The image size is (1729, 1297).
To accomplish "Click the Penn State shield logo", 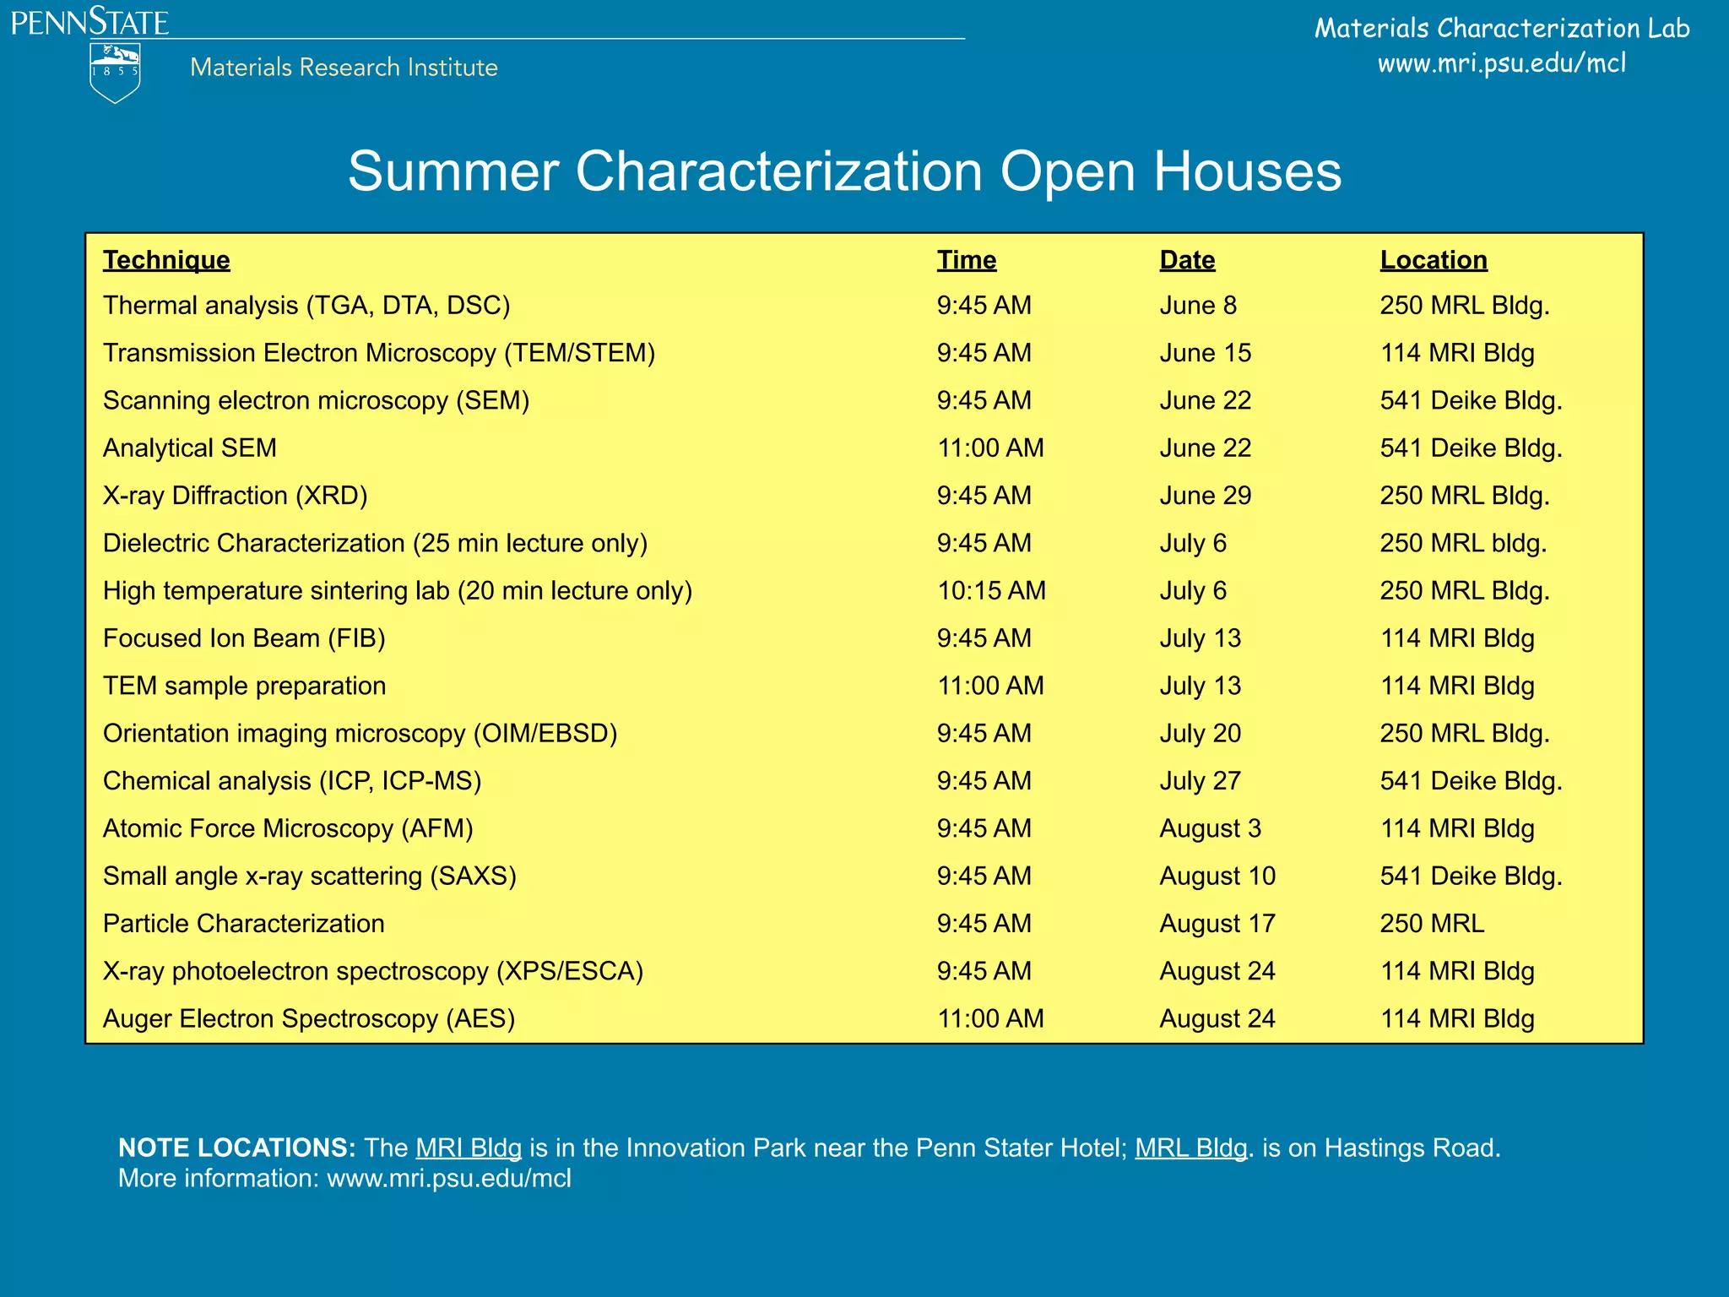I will pyautogui.click(x=115, y=73).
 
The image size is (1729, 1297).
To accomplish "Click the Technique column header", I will pyautogui.click(x=166, y=260).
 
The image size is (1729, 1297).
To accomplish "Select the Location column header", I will pyautogui.click(x=1434, y=260).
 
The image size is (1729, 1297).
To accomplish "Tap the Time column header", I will pyautogui.click(x=967, y=260).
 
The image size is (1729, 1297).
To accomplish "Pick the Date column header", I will pyautogui.click(x=1187, y=260).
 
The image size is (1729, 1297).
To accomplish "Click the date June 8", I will pyautogui.click(x=1198, y=306).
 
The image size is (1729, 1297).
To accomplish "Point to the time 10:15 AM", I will pyautogui.click(x=991, y=591).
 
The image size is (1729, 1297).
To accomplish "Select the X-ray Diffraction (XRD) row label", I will pyautogui.click(x=235, y=496).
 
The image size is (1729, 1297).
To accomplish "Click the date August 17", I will pyautogui.click(x=1217, y=924).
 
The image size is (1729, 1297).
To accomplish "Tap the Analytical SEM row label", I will pyautogui.click(x=190, y=448).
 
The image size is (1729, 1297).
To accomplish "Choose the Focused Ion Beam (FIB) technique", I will pyautogui.click(x=244, y=638).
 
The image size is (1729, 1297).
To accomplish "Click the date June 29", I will pyautogui.click(x=1205, y=496).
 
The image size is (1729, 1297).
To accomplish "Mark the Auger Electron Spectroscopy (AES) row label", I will pyautogui.click(x=309, y=1019).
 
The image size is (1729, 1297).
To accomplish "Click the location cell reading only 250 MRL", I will pyautogui.click(x=1432, y=924).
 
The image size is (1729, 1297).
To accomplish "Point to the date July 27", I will pyautogui.click(x=1200, y=781).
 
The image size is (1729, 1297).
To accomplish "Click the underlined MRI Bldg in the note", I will pyautogui.click(x=469, y=1148).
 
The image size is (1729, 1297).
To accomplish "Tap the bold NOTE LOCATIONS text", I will pyautogui.click(x=237, y=1148).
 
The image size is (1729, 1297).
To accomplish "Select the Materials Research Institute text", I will pyautogui.click(x=344, y=68).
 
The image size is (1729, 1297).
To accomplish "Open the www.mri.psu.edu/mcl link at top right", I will pyautogui.click(x=1501, y=63).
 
